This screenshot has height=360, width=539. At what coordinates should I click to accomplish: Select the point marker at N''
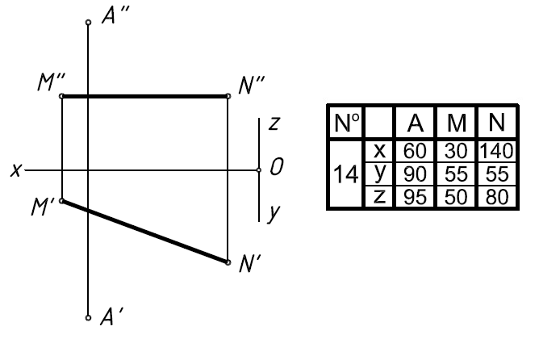tap(228, 96)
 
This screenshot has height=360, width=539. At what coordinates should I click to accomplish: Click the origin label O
tap(276, 169)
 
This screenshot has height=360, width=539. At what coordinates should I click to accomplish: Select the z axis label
tap(274, 124)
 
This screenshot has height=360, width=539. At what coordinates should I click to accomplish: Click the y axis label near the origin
tap(274, 213)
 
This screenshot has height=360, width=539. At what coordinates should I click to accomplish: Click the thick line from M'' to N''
tap(145, 96)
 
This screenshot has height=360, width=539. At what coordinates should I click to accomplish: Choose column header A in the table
tap(416, 123)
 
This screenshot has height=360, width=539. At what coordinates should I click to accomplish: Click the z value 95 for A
tap(416, 199)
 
